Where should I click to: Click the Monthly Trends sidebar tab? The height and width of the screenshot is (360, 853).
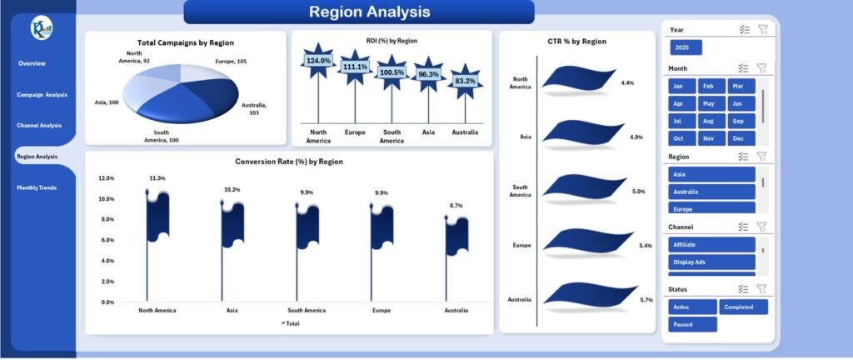click(x=37, y=187)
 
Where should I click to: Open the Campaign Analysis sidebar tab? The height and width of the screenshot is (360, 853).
click(x=42, y=94)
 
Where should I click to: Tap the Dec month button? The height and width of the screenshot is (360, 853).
click(x=741, y=138)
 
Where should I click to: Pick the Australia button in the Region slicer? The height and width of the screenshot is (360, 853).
click(x=711, y=191)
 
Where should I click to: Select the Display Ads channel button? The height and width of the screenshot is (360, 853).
click(x=711, y=262)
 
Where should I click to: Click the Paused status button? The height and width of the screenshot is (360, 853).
click(x=691, y=324)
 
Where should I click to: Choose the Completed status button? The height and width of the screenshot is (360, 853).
click(x=743, y=307)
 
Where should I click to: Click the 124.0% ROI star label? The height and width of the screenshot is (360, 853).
click(x=318, y=61)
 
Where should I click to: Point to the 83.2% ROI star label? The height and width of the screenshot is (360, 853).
click(x=465, y=81)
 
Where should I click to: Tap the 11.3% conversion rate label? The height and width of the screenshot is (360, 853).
click(x=157, y=178)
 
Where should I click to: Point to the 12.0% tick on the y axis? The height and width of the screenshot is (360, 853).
click(x=106, y=178)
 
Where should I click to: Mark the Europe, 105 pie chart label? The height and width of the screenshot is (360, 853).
click(x=230, y=61)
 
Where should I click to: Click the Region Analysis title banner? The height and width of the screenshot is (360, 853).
click(x=358, y=12)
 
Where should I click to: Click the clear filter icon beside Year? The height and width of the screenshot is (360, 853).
click(x=762, y=29)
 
